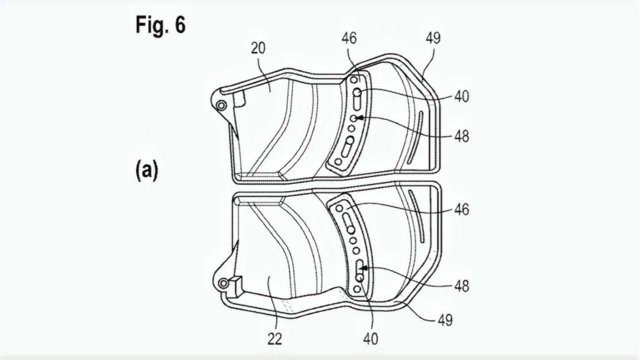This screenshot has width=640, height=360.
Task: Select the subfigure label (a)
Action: (146, 171)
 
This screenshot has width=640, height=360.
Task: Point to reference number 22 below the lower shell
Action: (274, 339)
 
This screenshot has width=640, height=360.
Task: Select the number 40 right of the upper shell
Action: (462, 97)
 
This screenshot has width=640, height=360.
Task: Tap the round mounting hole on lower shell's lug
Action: (222, 284)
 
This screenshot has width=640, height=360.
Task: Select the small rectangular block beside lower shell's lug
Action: (236, 285)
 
